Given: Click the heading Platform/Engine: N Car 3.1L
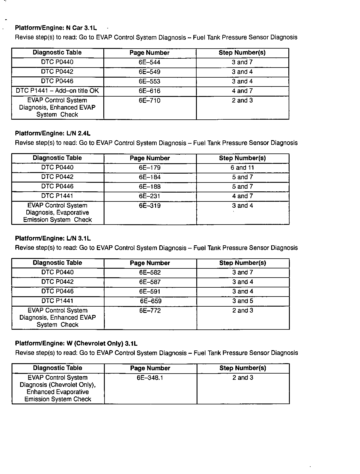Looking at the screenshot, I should tap(56, 28).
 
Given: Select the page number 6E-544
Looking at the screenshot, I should tap(150, 62).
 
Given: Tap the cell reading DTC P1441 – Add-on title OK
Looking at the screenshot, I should tap(57, 91).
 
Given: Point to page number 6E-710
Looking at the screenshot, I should tap(150, 101).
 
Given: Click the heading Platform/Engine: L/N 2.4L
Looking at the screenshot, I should tap(53, 133).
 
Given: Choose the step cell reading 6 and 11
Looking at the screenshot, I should tap(242, 168).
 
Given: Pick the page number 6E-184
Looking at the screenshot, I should tap(150, 177).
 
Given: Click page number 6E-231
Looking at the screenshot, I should tap(150, 196).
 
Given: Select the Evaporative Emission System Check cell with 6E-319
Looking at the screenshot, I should tap(57, 213).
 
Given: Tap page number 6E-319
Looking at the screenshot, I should tap(150, 206).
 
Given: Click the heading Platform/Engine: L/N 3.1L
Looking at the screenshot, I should tap(53, 238).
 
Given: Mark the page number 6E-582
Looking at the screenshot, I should tap(150, 273).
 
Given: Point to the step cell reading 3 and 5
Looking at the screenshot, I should tap(242, 301).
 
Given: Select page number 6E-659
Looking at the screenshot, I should tap(150, 301).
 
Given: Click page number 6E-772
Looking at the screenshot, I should tap(150, 311).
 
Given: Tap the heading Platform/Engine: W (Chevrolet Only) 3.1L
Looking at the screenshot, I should tap(76, 343).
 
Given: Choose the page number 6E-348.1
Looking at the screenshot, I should tap(150, 378).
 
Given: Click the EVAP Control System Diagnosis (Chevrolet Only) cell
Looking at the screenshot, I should tap(58, 388).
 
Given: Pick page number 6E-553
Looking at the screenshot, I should tap(150, 81).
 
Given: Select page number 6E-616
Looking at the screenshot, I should tap(150, 91).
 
